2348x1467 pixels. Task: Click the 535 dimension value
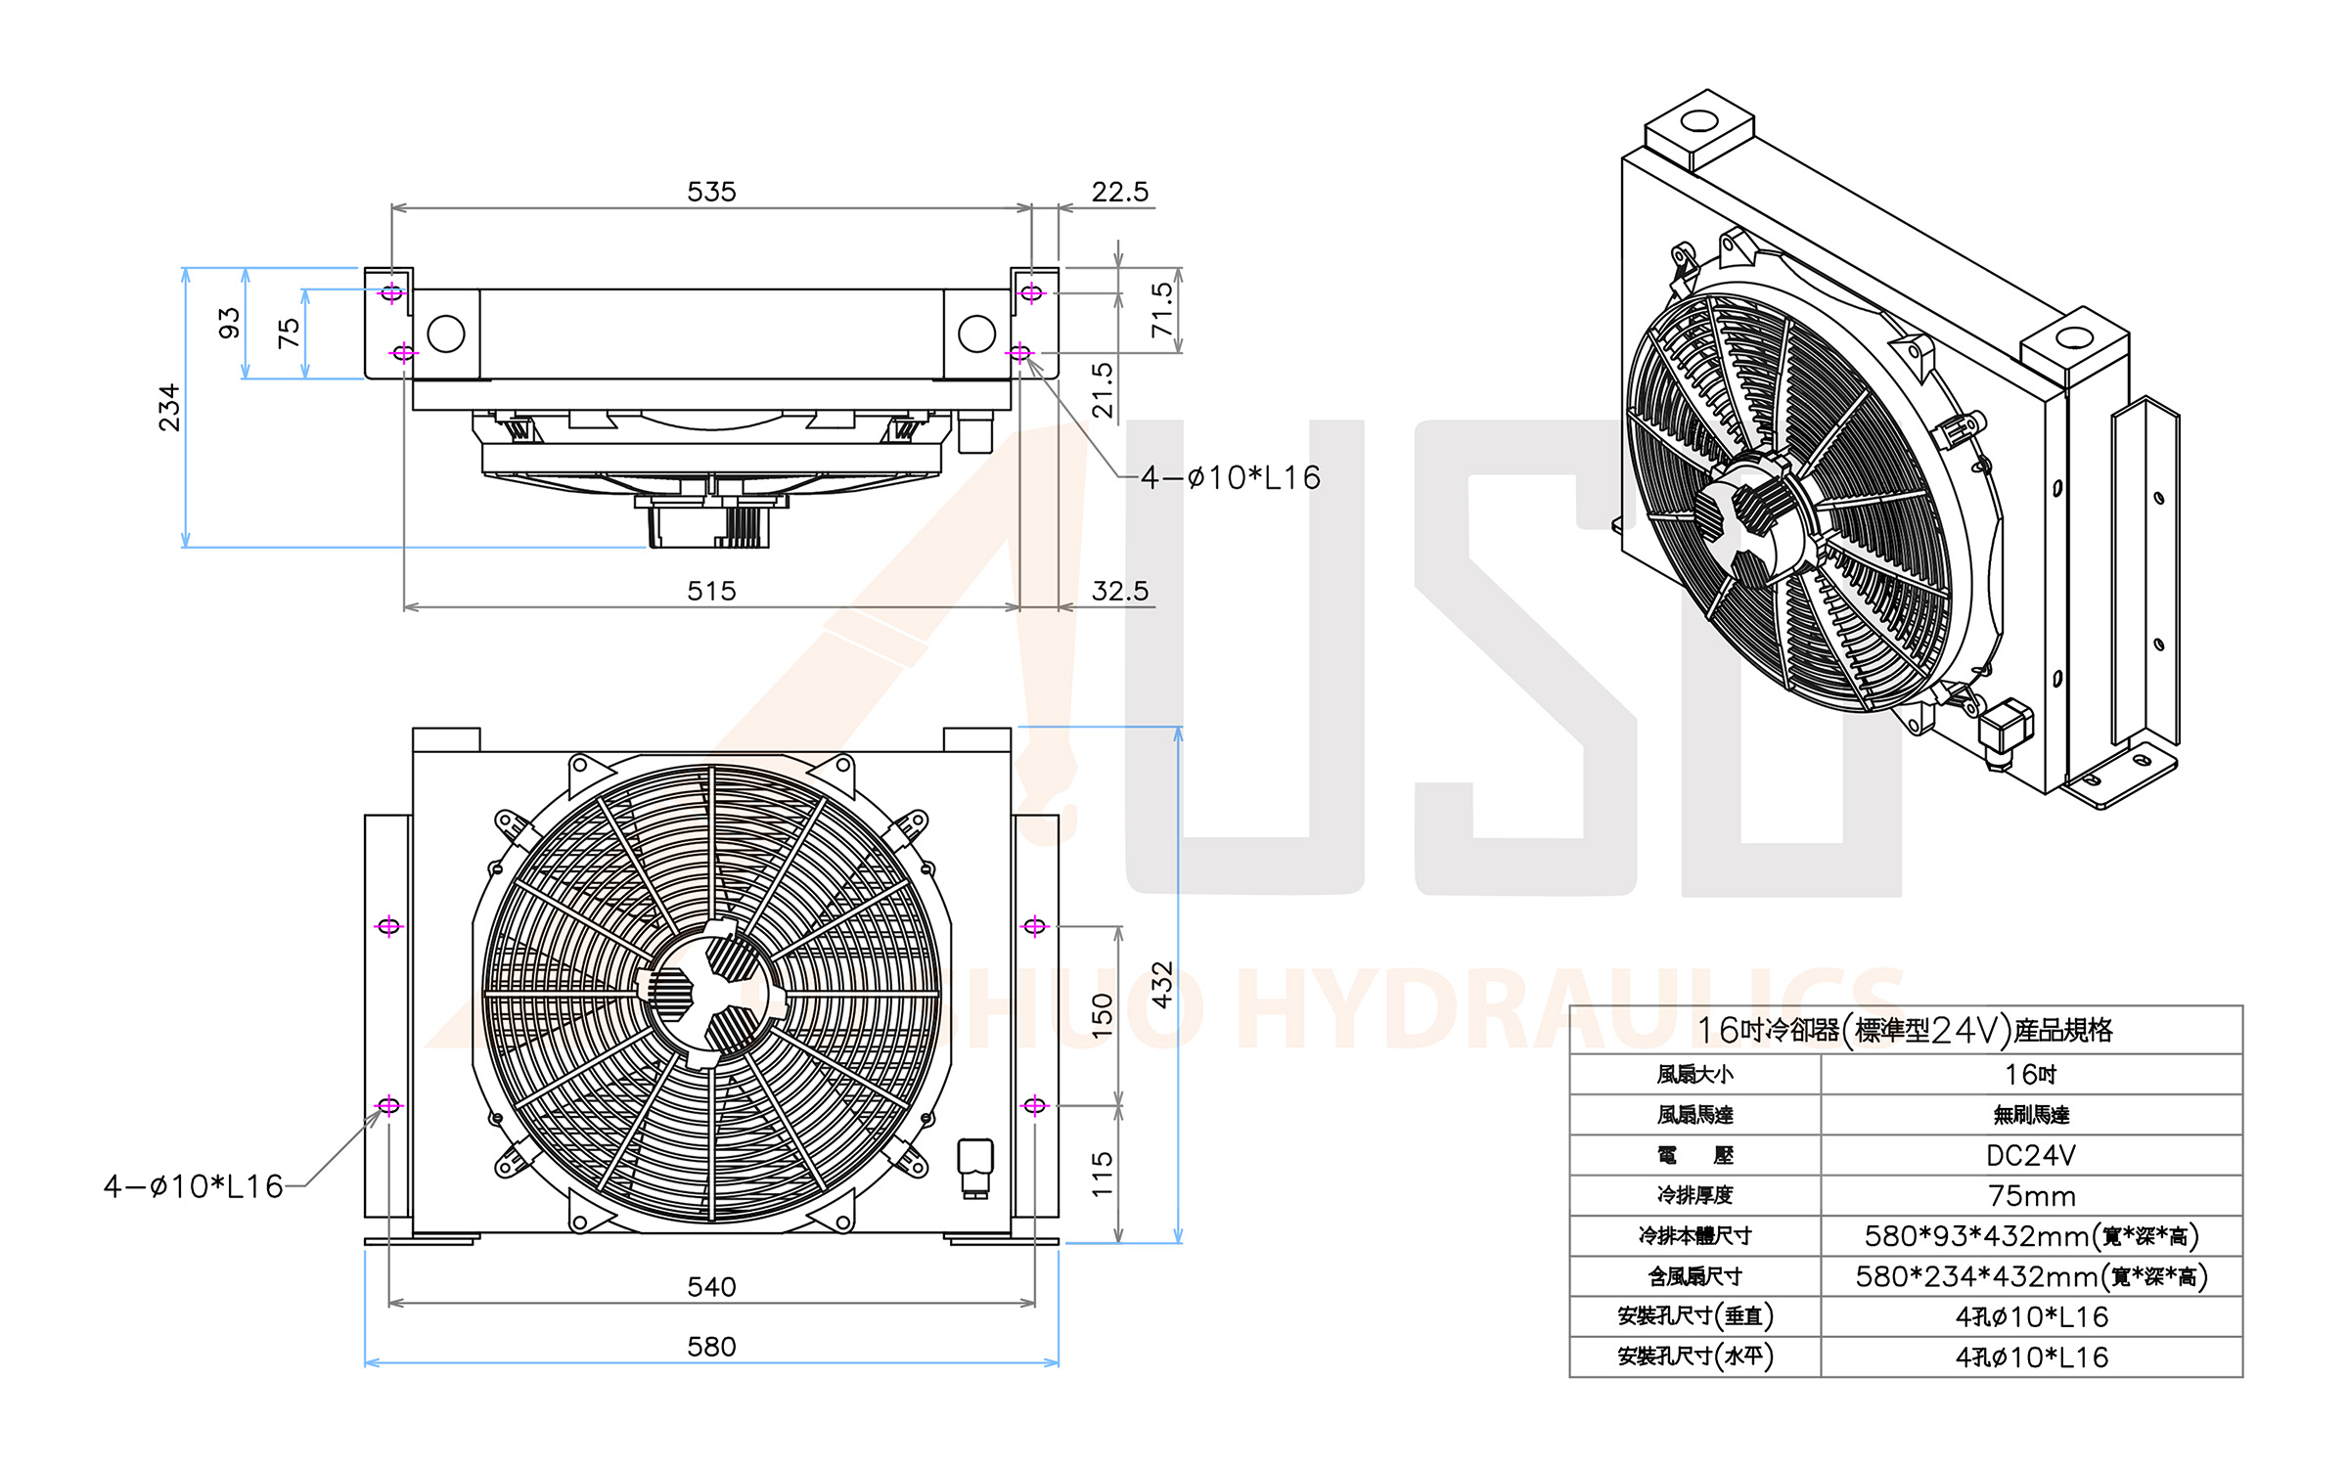tap(711, 192)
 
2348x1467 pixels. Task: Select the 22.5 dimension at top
tap(1120, 192)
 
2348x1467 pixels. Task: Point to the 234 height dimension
tap(170, 407)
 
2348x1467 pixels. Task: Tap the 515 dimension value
tap(711, 591)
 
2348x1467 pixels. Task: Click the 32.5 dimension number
tap(1120, 591)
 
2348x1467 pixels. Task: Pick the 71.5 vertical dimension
tap(1162, 310)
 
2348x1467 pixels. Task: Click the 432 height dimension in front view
tap(1162, 984)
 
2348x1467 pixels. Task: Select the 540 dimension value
tap(711, 1287)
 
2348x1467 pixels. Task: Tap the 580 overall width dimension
tap(711, 1347)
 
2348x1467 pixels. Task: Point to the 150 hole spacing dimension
tap(1103, 1016)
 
